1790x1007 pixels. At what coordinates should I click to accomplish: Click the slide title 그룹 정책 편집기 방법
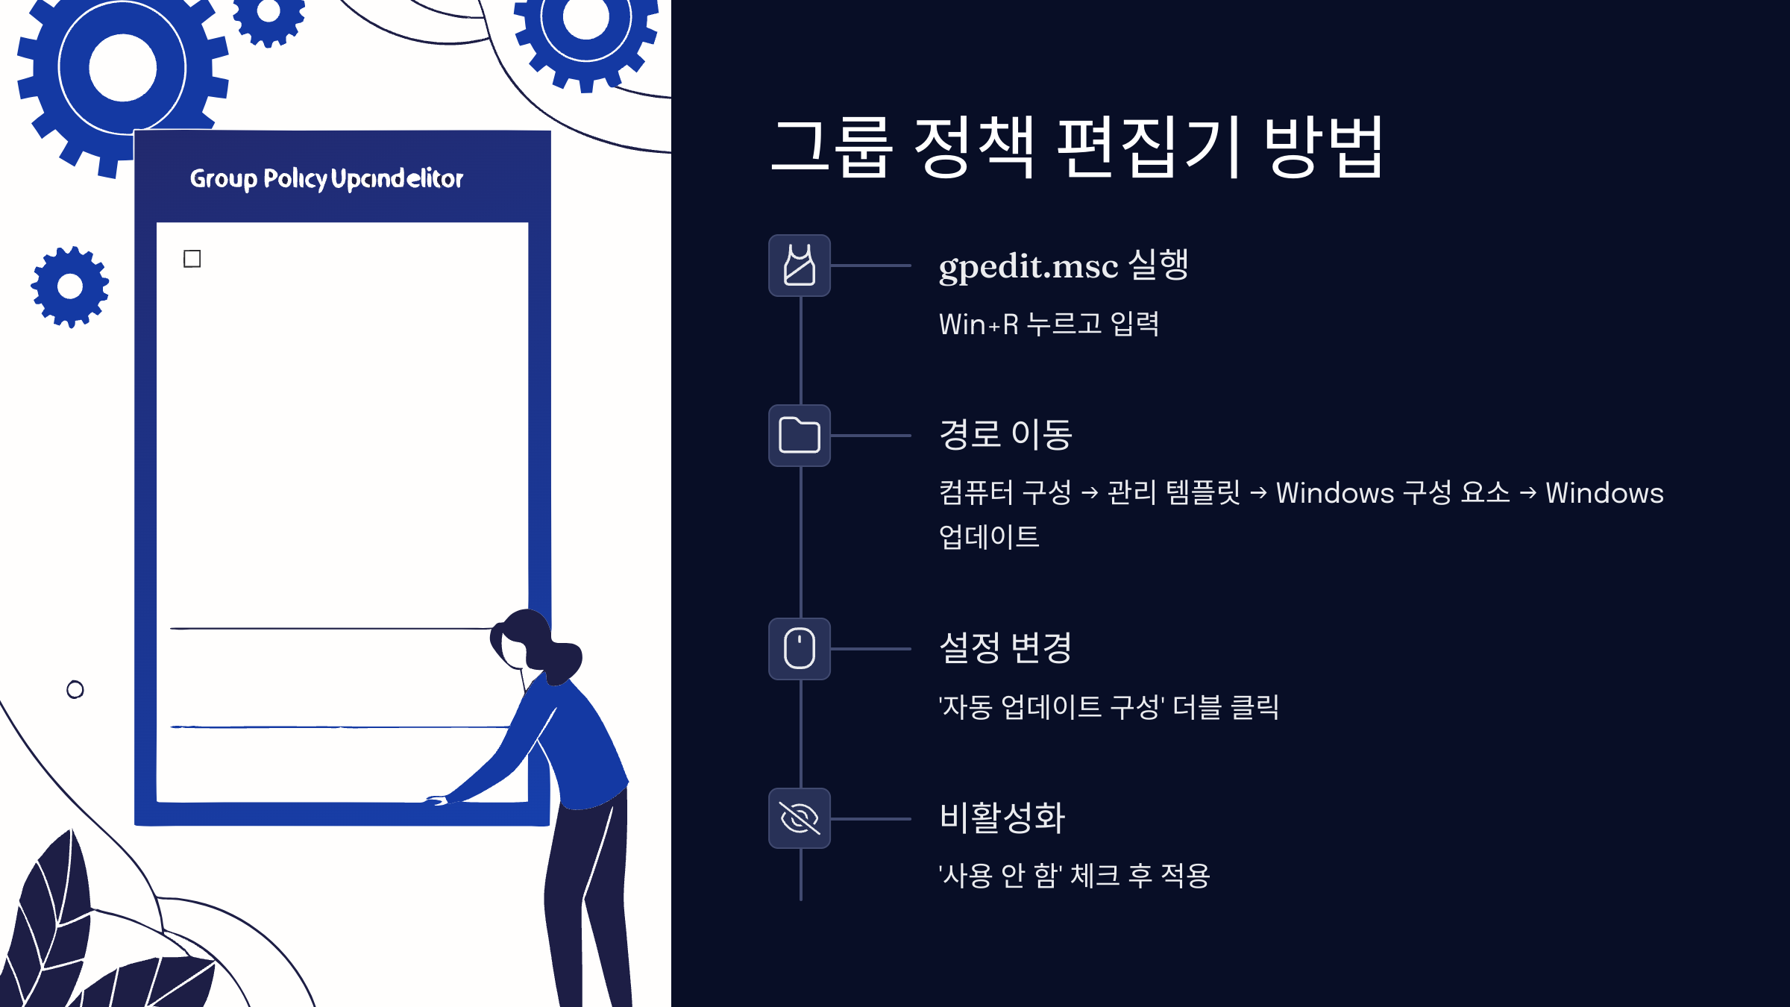point(1077,147)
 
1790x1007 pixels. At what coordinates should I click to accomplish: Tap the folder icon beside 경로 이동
point(800,436)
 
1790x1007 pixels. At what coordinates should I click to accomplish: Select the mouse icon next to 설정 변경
point(800,648)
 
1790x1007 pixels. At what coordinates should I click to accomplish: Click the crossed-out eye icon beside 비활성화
point(800,818)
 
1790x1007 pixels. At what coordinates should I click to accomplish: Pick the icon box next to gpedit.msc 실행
point(800,266)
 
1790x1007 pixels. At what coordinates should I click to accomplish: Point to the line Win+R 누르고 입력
point(1049,324)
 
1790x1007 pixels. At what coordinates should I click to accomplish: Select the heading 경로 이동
point(1005,435)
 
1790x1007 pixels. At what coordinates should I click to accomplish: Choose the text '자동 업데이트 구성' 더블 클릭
point(1108,707)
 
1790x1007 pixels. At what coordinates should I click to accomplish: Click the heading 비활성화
point(1002,818)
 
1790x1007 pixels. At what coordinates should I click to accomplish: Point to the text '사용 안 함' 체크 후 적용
point(1074,876)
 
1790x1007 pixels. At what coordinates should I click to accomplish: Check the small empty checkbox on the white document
point(192,259)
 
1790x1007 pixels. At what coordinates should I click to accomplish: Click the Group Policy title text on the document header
point(326,179)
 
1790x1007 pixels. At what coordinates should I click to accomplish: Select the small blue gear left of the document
point(70,286)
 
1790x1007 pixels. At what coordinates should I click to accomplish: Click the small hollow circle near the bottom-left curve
point(75,690)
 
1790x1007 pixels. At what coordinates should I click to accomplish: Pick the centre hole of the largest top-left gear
point(122,68)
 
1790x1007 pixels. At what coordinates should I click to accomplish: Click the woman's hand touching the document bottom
point(438,800)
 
